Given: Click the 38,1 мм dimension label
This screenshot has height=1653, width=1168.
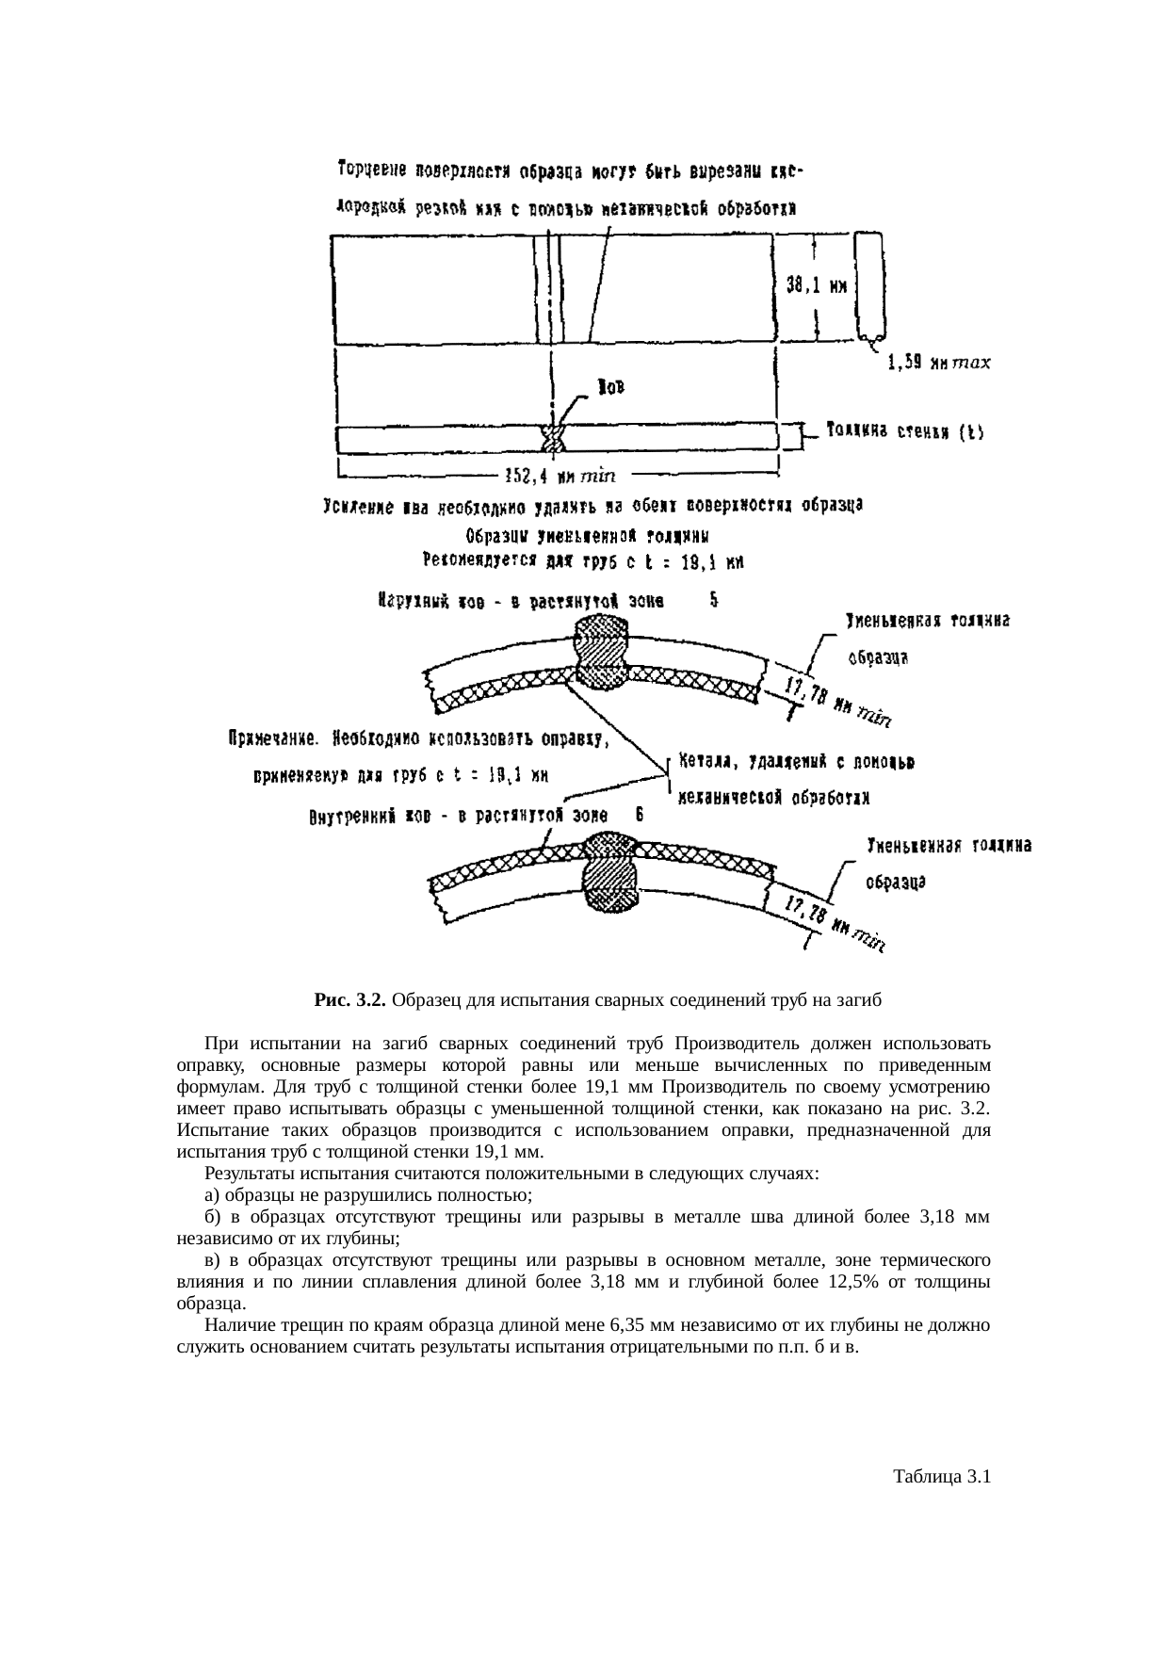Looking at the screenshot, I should click(x=817, y=288).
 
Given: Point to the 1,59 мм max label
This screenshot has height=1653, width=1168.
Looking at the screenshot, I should click(x=938, y=363).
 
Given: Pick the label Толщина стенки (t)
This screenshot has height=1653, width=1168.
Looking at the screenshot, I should click(x=904, y=431).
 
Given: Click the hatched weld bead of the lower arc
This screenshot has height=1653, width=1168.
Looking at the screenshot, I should click(x=613, y=871).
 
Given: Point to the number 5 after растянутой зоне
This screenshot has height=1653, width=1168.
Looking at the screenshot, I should click(x=714, y=597).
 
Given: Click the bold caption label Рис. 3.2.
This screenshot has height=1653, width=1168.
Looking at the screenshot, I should click(x=349, y=999).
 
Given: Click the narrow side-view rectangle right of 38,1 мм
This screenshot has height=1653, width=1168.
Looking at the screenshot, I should click(x=868, y=285).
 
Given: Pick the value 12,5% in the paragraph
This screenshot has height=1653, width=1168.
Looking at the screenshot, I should click(x=844, y=1282).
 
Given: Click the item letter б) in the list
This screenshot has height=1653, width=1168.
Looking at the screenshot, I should click(x=212, y=1217).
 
